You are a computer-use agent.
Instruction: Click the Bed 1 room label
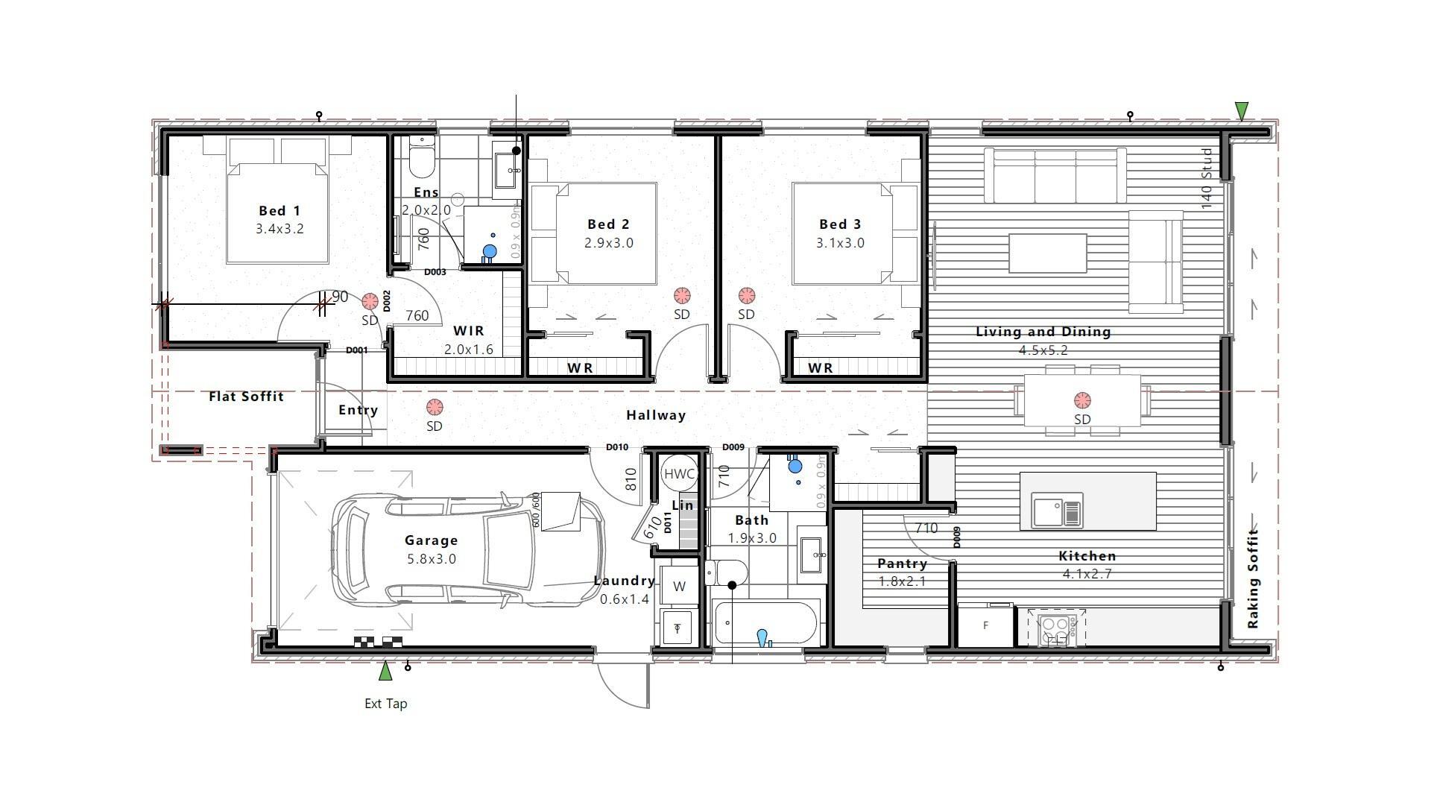pos(279,211)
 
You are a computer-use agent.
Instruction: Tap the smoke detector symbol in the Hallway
pos(434,408)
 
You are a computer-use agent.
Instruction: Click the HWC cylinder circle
pos(678,474)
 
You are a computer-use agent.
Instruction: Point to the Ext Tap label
pos(385,704)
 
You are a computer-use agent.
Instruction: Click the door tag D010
pos(616,447)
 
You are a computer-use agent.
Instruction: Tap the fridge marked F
pos(985,625)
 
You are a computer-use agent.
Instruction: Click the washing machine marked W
pos(679,587)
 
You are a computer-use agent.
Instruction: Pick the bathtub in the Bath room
pos(766,623)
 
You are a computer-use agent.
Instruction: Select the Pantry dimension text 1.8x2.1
pos(902,581)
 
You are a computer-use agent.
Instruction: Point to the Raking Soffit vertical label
pos(1253,578)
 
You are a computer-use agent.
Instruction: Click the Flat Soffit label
pos(246,397)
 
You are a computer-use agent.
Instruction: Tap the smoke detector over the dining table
pos(1082,400)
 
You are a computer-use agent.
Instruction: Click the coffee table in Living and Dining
pos(1047,253)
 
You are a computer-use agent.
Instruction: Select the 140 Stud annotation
pos(1207,179)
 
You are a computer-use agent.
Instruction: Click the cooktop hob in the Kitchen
pos(1056,630)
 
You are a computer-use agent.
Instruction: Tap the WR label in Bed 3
pos(820,367)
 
